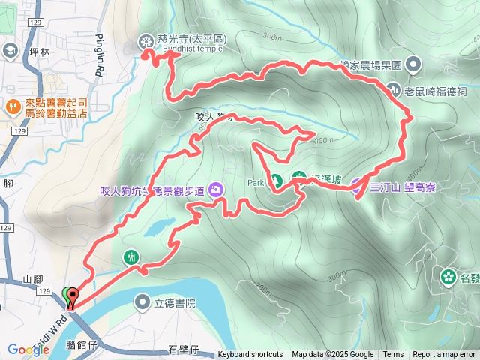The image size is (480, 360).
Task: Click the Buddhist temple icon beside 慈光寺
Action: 145,42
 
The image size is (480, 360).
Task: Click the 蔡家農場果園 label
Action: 371,65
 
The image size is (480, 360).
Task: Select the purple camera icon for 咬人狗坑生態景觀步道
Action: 216,189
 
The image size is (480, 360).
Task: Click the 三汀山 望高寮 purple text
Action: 403,187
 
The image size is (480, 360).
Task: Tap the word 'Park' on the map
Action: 256,182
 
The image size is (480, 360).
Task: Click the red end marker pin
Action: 73,295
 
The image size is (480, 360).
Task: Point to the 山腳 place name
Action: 33,279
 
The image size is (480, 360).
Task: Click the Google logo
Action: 28,349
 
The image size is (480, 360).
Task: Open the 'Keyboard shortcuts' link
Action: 250,355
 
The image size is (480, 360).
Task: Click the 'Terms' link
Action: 393,355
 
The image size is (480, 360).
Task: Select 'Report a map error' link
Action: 444,355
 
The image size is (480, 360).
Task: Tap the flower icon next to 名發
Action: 448,277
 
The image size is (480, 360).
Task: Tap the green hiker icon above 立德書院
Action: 132,257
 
